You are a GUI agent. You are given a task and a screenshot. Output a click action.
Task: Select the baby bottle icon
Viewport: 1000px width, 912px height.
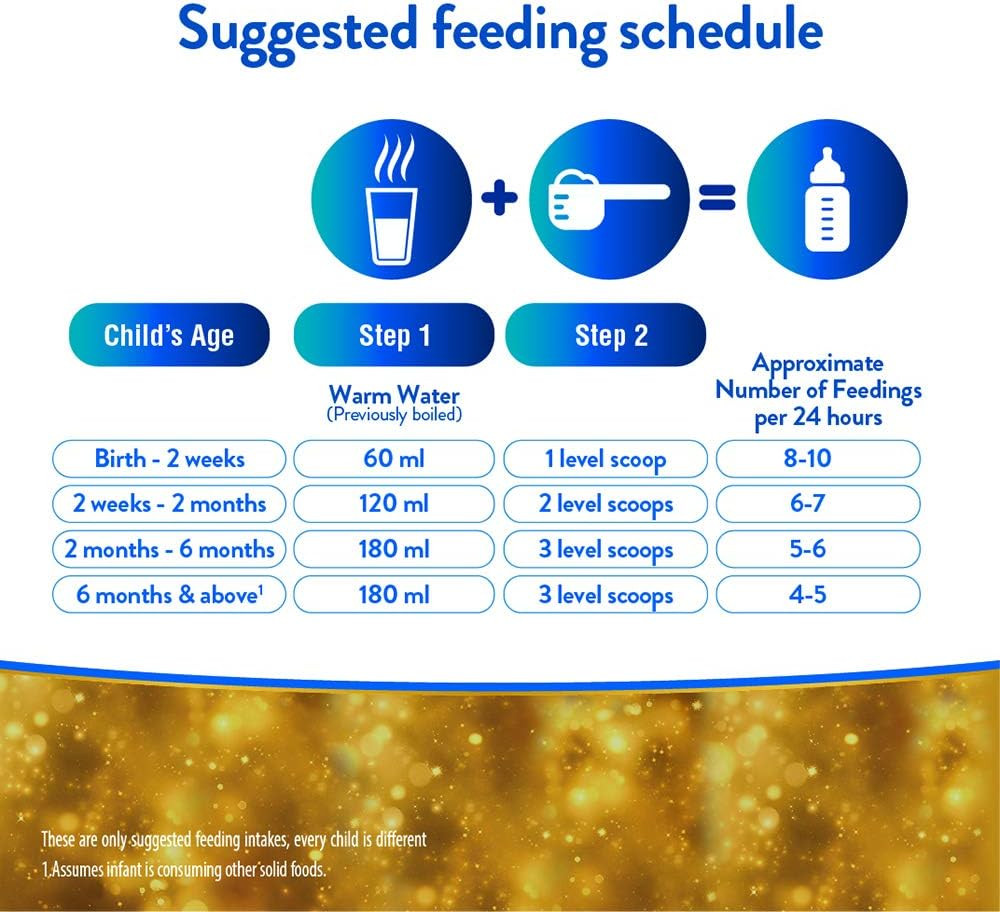click(827, 199)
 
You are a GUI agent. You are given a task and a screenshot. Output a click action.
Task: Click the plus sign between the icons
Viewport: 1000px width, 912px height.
click(501, 198)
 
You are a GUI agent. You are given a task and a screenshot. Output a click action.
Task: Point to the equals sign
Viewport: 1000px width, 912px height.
click(718, 198)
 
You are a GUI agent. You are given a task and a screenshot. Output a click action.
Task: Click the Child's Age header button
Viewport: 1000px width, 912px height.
click(169, 335)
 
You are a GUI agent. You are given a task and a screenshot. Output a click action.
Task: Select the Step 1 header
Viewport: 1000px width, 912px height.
click(393, 335)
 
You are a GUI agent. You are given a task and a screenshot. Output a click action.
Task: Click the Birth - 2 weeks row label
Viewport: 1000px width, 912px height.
click(169, 459)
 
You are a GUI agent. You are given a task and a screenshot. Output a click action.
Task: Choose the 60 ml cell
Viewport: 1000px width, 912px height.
click(393, 459)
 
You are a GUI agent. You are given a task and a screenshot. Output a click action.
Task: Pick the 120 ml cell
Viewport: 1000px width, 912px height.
click(393, 504)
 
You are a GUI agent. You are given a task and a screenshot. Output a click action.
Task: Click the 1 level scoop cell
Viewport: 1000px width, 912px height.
click(606, 459)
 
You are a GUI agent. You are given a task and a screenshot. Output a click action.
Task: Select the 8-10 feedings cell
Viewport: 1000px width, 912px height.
click(818, 459)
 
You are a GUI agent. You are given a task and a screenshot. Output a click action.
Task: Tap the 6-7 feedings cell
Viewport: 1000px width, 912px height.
click(818, 504)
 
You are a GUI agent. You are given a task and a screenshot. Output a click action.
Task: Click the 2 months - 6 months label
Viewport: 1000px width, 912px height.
click(169, 550)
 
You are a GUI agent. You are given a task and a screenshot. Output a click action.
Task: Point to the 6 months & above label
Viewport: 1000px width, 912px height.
click(169, 595)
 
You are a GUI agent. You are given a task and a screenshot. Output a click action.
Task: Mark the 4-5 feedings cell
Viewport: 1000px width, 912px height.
click(818, 595)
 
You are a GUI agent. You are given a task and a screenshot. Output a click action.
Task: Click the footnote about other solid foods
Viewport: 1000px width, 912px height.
click(186, 870)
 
